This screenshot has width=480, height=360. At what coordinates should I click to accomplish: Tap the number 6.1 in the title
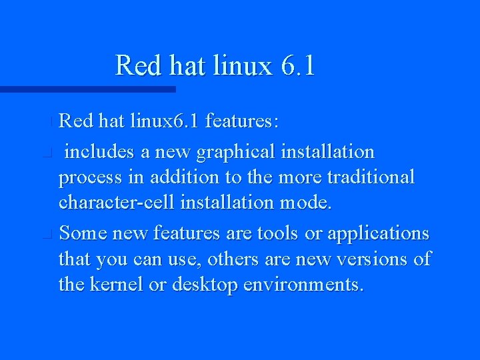tap(298, 66)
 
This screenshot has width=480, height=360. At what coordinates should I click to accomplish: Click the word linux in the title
tap(244, 66)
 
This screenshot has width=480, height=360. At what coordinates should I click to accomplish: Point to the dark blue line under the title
tap(87, 89)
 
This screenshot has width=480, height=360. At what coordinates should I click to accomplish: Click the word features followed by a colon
tap(243, 121)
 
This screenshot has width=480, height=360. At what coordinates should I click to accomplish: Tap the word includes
tap(99, 152)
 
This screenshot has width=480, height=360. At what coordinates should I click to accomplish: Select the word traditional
tap(370, 177)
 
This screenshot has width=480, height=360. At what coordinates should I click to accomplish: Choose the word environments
tap(303, 285)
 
